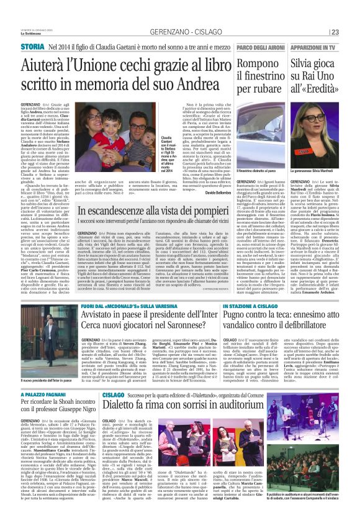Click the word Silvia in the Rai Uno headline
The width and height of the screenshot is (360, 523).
pyautogui.click(x=304, y=65)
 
